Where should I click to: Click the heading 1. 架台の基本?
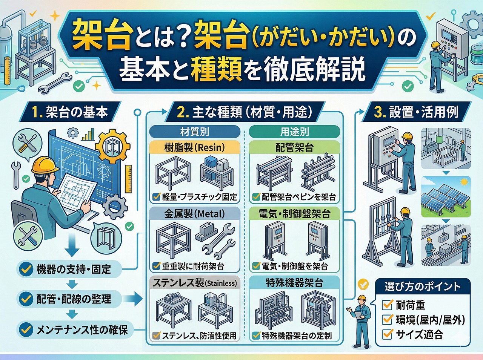coord(69,112)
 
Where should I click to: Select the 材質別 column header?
coord(194,132)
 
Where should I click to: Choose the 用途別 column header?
coord(294,132)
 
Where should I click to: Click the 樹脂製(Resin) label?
coord(194,147)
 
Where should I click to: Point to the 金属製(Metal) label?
coord(194,214)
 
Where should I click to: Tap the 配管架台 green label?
coord(294,147)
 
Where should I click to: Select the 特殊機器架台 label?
coord(294,283)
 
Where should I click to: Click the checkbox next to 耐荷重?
coord(388,305)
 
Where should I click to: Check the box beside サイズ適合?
coord(388,334)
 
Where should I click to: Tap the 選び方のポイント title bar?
coord(423,286)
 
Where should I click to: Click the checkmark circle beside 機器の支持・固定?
coord(26,269)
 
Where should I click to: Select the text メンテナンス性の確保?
coord(82,330)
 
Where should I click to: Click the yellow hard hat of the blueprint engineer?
coord(45,166)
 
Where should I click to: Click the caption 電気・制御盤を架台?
coord(295,266)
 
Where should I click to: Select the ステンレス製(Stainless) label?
coord(194,283)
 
